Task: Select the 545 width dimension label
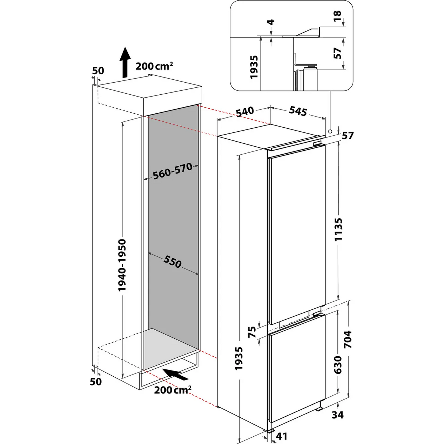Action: coord(298,111)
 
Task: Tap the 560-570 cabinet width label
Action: coord(173,172)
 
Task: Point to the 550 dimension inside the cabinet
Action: coord(172,261)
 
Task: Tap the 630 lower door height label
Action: coord(338,364)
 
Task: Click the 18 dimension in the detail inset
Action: coord(337,15)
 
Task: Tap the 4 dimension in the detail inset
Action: coord(271,22)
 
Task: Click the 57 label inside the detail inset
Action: coord(337,53)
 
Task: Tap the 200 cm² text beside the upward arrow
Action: coord(154,66)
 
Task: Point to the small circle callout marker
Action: coord(330,131)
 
